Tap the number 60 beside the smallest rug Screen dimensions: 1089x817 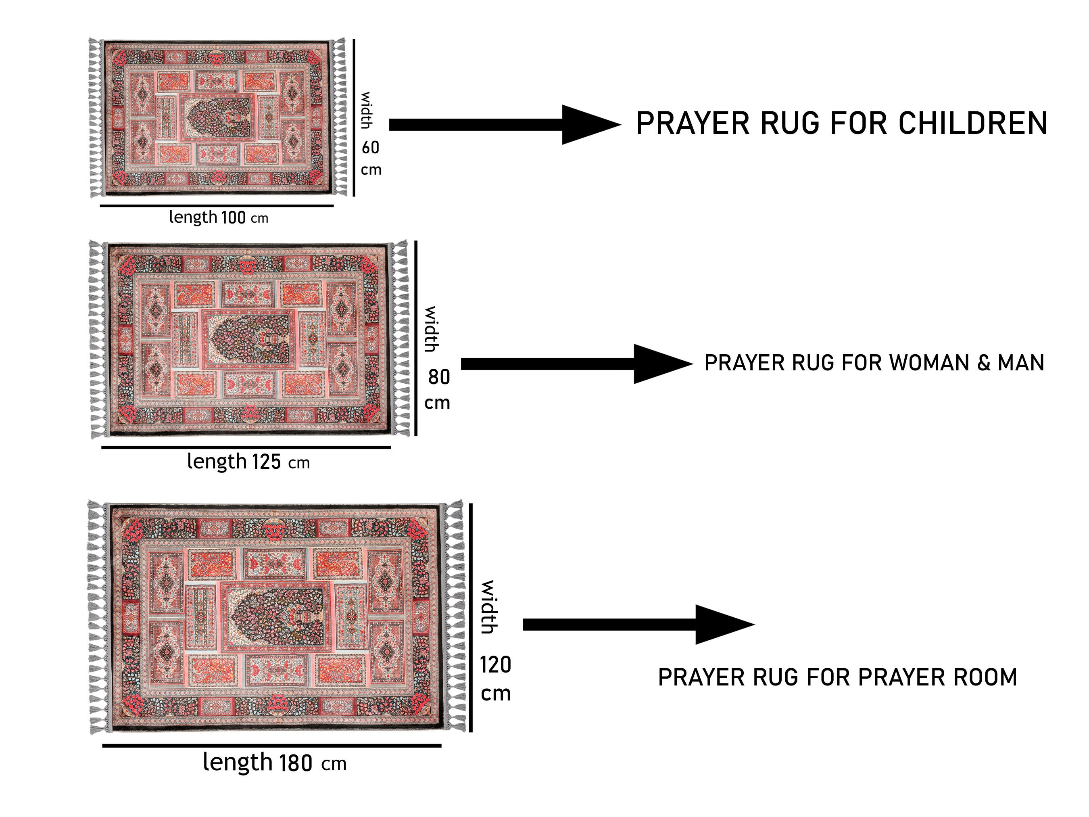pyautogui.click(x=371, y=147)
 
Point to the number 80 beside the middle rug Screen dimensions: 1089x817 pyautogui.click(x=439, y=377)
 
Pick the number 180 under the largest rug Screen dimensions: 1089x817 pyautogui.click(x=296, y=763)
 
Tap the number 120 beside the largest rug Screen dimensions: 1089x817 pyautogui.click(x=496, y=665)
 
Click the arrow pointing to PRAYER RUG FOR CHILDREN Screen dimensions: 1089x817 pyautogui.click(x=505, y=125)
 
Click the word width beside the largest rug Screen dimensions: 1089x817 pyautogui.click(x=488, y=607)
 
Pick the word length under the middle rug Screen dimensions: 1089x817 pyautogui.click(x=217, y=462)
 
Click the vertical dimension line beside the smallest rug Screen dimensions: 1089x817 pyautogui.click(x=353, y=117)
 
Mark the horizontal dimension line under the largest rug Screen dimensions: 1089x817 pyautogui.click(x=272, y=746)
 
